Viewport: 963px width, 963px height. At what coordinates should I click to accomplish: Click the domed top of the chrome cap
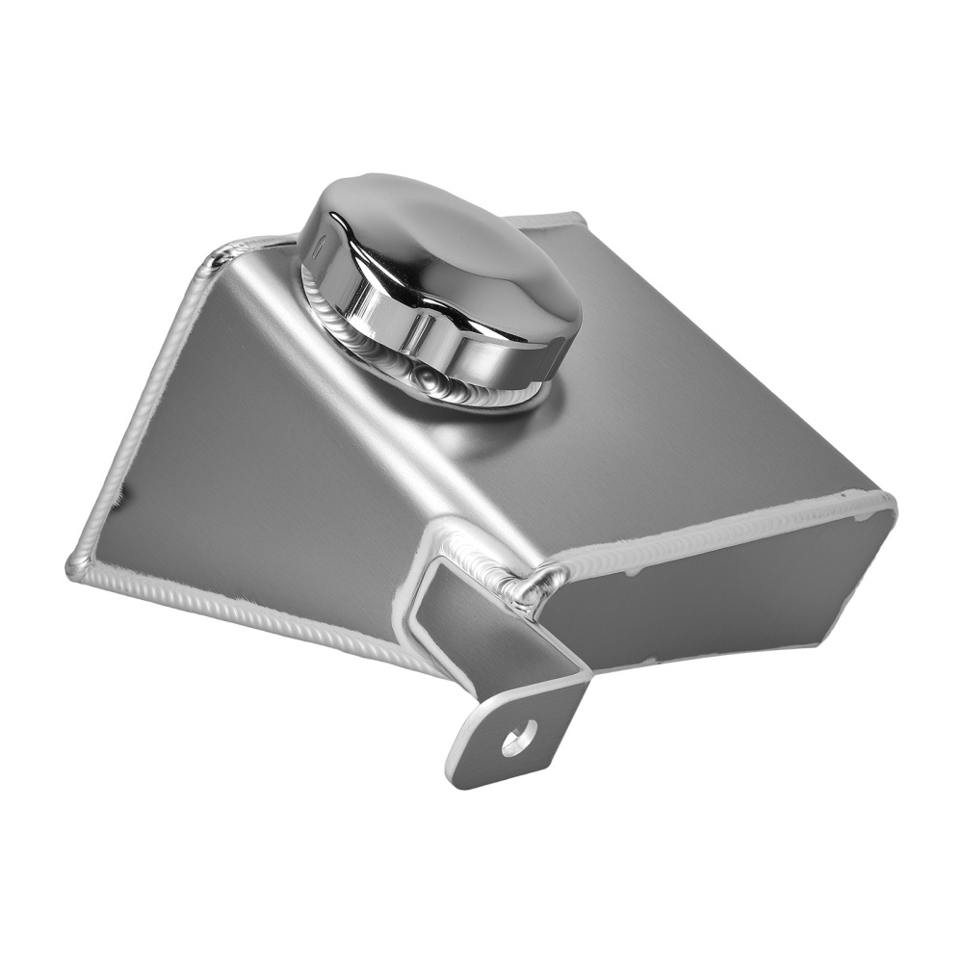pyautogui.click(x=433, y=241)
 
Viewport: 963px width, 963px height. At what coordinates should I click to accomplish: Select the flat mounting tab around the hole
pyautogui.click(x=486, y=746)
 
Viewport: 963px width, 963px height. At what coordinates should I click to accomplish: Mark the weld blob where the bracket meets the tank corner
pyautogui.click(x=528, y=589)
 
